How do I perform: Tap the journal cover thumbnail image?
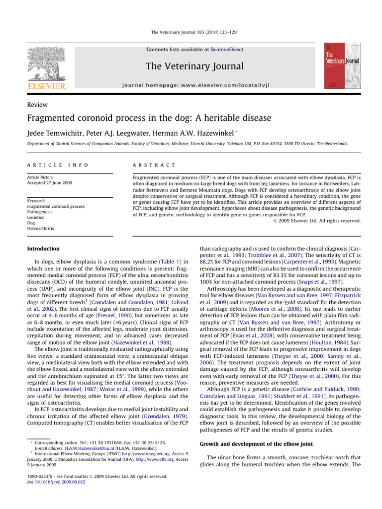pos(344,67)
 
